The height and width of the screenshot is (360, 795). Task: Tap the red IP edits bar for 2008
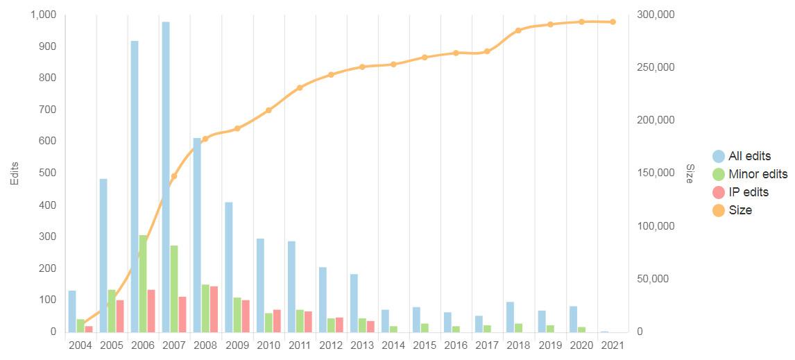coord(214,309)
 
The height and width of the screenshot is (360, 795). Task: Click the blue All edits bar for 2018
coord(510,316)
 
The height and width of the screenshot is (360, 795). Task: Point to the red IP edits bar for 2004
coord(89,329)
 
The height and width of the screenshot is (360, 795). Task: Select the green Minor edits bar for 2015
coord(425,327)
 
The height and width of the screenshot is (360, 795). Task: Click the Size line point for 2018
coord(518,31)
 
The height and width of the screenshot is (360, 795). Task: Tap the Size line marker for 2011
coord(300,87)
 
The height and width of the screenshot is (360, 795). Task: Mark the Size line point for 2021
coord(613,22)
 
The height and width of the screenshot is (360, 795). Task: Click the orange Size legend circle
coord(719,210)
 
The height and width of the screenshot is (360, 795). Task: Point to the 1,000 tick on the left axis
coord(43,15)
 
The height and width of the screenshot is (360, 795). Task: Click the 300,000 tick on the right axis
coord(655,15)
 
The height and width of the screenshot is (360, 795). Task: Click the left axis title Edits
coord(15,173)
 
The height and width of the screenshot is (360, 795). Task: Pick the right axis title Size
coord(690,173)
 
